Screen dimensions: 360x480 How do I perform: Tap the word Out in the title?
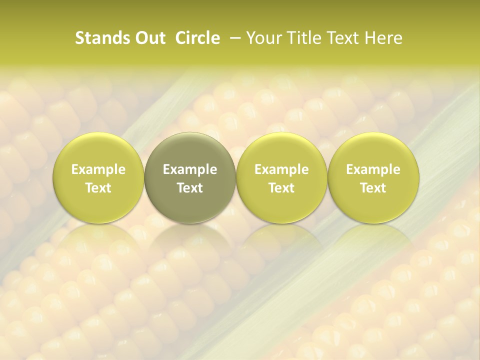point(148,38)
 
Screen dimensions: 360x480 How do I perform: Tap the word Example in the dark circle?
point(190,169)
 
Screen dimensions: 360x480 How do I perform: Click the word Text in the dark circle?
point(190,188)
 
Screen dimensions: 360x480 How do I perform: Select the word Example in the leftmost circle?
point(98,169)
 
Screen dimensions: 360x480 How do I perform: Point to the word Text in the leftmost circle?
point(98,188)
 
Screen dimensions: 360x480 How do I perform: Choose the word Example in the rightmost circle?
point(373,169)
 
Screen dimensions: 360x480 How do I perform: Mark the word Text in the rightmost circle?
point(373,188)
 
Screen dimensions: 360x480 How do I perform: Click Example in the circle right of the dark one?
point(281,169)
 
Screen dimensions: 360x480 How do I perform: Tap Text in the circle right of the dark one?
point(281,188)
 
